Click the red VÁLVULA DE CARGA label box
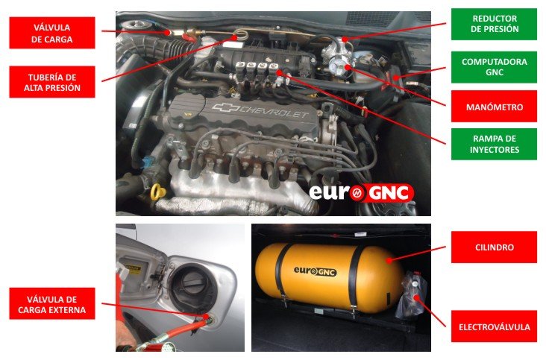(52, 33)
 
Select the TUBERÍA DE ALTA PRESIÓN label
(52, 82)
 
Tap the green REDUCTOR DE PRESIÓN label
(494, 24)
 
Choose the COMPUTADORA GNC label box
(494, 67)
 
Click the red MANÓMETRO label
(494, 107)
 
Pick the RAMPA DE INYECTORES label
(494, 144)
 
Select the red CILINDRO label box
(494, 247)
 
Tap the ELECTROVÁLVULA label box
(494, 326)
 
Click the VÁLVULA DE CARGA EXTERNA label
(52, 303)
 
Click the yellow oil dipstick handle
(158, 192)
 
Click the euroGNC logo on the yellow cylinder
(315, 271)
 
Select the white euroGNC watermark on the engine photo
(361, 193)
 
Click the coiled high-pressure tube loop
(241, 34)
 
